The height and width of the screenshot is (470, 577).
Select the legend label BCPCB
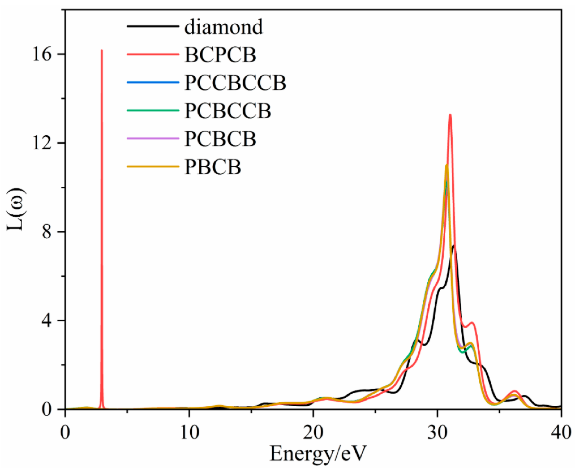point(220,55)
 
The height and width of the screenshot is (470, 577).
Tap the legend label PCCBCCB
point(235,83)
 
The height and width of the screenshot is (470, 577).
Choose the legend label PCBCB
point(220,139)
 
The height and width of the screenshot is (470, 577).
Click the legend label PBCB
point(213,167)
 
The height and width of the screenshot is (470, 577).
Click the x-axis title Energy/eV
point(318,454)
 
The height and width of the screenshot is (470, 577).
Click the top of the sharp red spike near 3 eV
point(101,50)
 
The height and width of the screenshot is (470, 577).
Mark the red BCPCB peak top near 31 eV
point(450,115)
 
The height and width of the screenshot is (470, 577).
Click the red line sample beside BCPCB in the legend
point(153,54)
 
